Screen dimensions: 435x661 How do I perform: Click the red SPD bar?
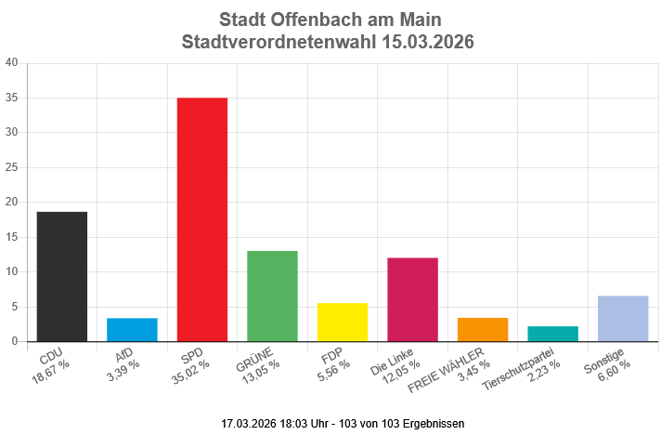pos(201,219)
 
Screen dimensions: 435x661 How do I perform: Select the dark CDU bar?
pos(61,276)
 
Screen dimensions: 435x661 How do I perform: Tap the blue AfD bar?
pos(132,329)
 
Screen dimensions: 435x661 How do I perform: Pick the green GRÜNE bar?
pos(272,296)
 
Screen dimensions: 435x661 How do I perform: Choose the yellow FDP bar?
pos(343,322)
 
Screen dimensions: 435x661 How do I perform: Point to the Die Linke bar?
pos(412,299)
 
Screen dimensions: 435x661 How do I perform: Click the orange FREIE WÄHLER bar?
pos(483,329)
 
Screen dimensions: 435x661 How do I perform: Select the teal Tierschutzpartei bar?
pos(552,334)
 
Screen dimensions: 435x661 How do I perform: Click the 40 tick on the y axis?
pos(11,63)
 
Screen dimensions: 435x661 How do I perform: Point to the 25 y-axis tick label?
pos(11,167)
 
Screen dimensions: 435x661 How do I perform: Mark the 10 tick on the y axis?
pos(11,272)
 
